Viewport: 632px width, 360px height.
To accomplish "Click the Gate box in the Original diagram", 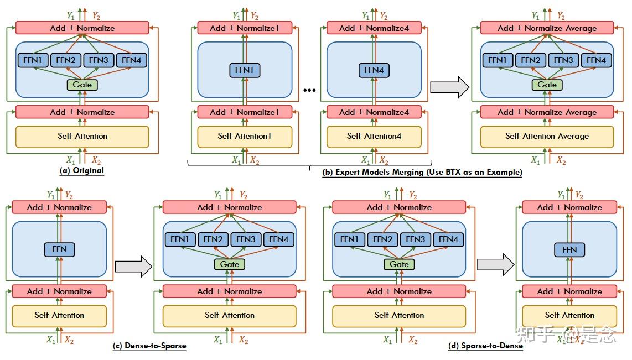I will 82,85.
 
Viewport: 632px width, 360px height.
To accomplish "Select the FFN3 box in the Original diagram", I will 99,60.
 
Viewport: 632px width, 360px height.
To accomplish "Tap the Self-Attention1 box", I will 244,136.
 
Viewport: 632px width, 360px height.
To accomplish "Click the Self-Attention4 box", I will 374,136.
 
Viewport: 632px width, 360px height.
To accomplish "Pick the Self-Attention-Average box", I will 547,136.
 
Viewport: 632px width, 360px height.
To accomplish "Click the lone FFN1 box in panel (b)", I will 244,70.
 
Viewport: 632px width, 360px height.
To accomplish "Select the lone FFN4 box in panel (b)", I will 374,70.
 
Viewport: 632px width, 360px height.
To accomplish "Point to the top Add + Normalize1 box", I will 244,28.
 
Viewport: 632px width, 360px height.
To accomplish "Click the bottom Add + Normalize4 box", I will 374,112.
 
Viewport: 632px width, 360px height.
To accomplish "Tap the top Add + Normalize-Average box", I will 547,28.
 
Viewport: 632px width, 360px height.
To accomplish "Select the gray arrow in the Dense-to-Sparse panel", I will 133,266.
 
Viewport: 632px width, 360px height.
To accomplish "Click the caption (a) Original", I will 82,170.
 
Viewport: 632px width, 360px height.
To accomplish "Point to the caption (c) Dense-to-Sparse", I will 149,346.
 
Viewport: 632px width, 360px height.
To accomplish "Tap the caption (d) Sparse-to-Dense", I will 485,346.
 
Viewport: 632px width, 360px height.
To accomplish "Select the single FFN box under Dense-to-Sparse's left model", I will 59,249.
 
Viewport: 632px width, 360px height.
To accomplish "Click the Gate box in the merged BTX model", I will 547,85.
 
